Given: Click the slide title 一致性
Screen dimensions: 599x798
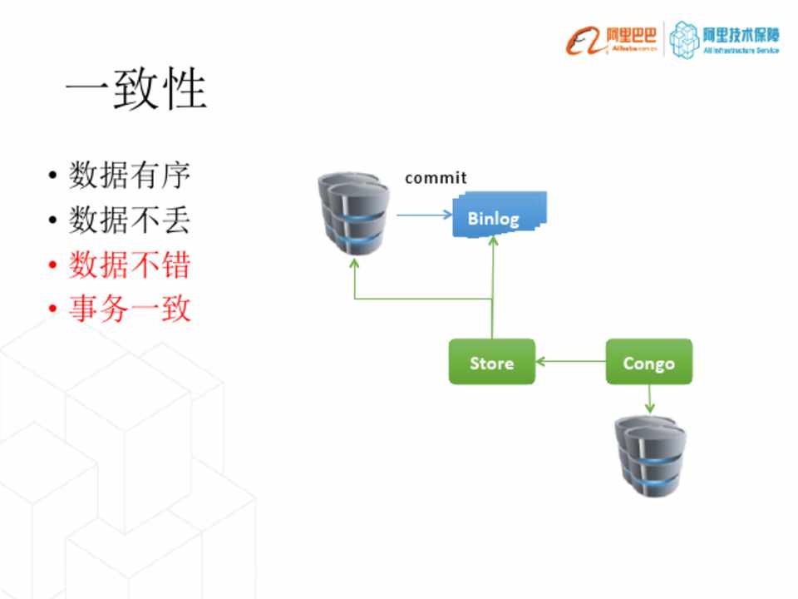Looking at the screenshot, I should click(135, 89).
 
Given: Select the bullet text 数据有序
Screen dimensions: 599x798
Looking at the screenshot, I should click(130, 176).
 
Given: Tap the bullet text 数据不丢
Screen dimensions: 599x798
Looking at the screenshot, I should click(130, 220).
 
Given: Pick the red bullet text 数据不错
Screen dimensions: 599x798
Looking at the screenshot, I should click(130, 265).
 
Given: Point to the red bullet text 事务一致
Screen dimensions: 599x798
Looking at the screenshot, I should click(130, 310).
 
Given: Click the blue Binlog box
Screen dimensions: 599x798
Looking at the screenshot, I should click(495, 218).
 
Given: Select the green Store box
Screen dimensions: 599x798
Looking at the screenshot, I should click(491, 362).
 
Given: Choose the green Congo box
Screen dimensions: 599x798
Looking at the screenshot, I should click(648, 362).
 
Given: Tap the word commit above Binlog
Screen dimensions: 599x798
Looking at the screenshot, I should click(436, 178).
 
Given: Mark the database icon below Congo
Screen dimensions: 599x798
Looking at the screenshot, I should click(649, 455).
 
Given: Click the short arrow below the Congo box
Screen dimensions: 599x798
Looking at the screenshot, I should click(649, 399).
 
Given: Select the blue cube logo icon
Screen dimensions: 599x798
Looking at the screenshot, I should click(685, 38).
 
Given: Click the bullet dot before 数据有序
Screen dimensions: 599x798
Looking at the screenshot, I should click(52, 177).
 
